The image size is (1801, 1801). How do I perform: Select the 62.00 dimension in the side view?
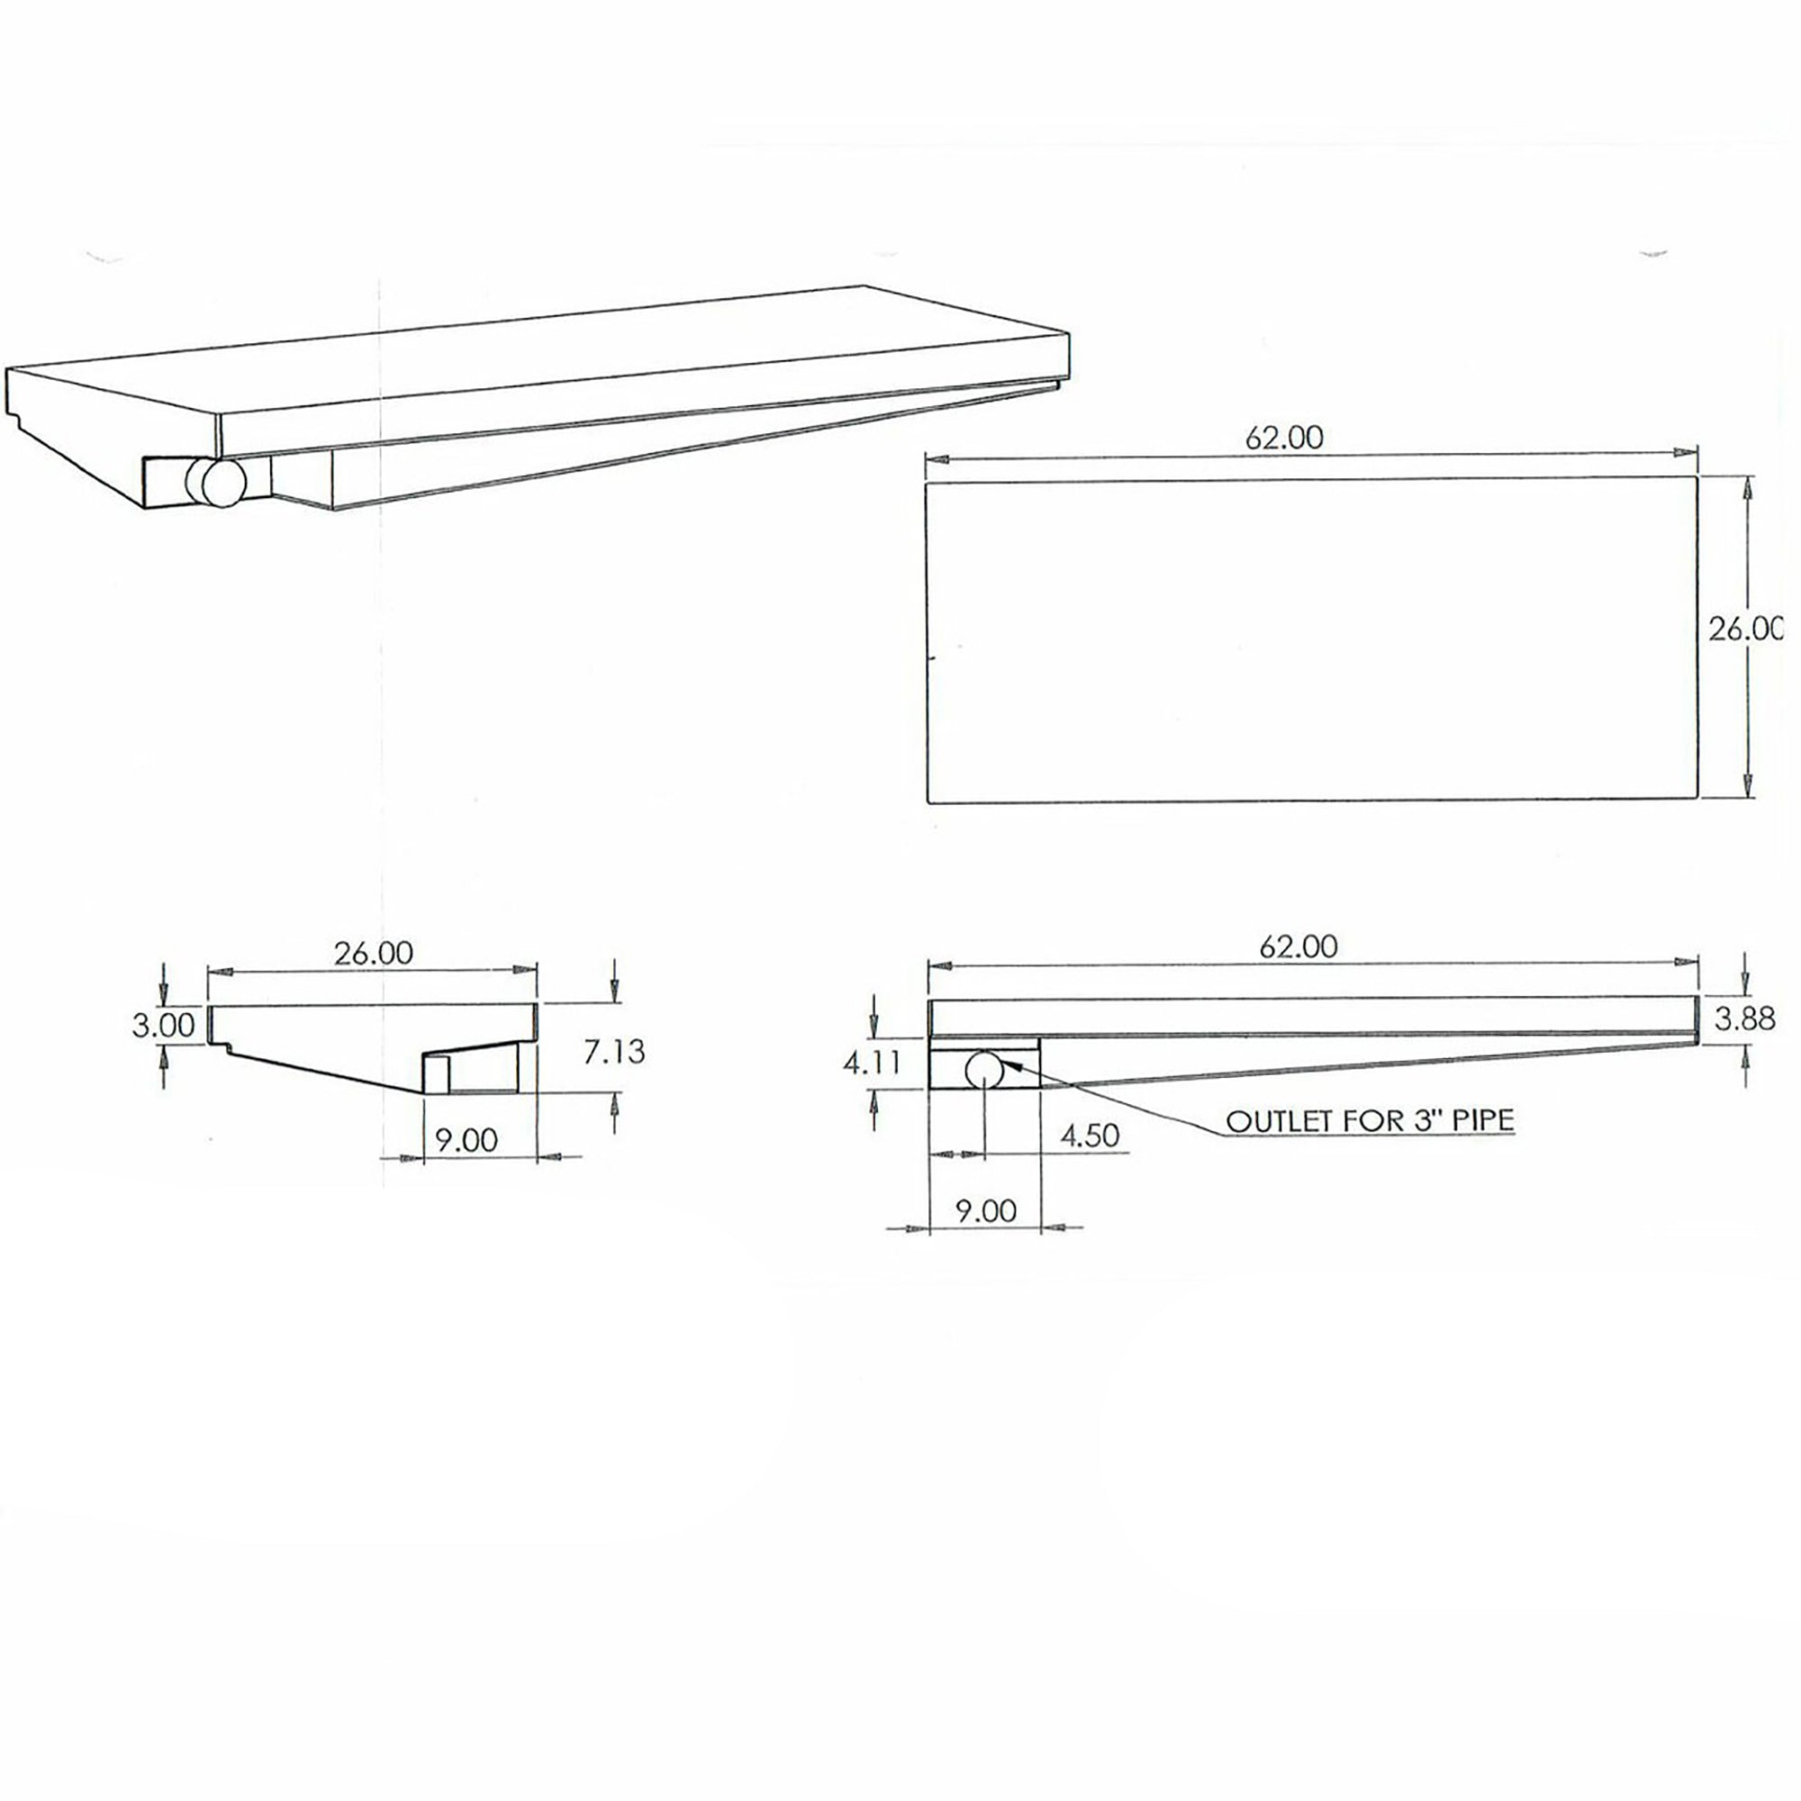click(x=1298, y=948)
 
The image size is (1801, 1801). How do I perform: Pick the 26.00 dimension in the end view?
click(x=373, y=953)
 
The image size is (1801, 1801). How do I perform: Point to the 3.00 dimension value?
click(x=163, y=1026)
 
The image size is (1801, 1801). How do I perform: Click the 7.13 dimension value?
click(x=614, y=1052)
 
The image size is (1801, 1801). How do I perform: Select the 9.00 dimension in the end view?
click(x=466, y=1139)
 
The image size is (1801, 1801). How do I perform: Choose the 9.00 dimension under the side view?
click(x=985, y=1211)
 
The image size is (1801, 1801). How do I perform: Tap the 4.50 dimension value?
click(x=1089, y=1136)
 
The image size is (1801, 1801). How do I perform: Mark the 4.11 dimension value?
click(x=871, y=1062)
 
